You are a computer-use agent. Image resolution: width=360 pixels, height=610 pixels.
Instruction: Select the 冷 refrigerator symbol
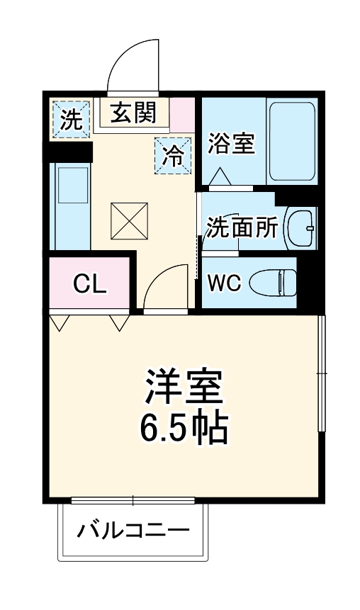(x=172, y=154)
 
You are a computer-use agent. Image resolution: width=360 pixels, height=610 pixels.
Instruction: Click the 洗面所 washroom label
(x=242, y=228)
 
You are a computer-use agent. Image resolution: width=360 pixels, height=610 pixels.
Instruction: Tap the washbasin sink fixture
(x=301, y=227)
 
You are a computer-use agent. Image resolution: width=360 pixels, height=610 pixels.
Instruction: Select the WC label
(x=224, y=283)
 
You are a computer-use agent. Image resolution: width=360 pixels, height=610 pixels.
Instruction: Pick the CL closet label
(x=90, y=285)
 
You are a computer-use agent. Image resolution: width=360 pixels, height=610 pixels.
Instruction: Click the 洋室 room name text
(x=184, y=387)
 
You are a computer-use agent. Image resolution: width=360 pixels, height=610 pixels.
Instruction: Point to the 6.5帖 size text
(x=183, y=427)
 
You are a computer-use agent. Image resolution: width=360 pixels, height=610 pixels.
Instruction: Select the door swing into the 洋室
(x=162, y=287)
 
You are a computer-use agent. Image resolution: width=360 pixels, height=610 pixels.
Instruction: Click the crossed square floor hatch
(x=129, y=220)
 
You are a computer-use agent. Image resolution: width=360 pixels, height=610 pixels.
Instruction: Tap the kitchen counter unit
(x=71, y=205)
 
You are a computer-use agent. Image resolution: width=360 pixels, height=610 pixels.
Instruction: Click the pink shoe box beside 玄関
(x=182, y=114)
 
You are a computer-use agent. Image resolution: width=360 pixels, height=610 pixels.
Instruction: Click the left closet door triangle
(x=59, y=323)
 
